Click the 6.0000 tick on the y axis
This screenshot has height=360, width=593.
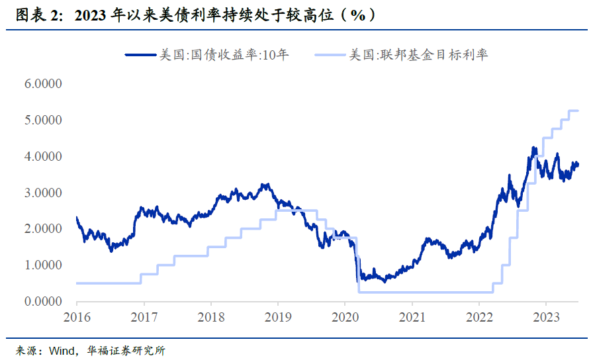(44, 84)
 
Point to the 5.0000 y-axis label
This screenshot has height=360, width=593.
(44, 120)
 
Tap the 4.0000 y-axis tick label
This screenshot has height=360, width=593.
(44, 157)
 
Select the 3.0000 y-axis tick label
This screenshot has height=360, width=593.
(44, 193)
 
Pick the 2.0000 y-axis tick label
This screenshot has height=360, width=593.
(44, 229)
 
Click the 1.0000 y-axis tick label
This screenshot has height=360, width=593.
(44, 265)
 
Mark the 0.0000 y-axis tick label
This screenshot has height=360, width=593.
(44, 301)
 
